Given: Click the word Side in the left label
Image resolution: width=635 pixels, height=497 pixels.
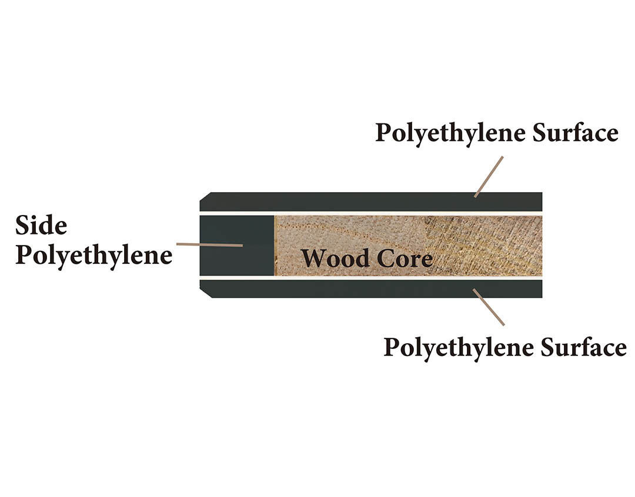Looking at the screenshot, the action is [41, 226].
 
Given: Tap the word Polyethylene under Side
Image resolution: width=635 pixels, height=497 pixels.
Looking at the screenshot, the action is [94, 256].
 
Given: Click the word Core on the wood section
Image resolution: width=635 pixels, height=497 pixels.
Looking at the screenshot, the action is [404, 258].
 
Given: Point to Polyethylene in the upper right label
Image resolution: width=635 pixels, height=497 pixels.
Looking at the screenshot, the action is [450, 133].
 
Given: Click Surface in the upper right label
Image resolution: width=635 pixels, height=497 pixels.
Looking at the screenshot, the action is [576, 132].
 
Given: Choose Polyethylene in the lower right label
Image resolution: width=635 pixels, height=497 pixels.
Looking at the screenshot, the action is [459, 348].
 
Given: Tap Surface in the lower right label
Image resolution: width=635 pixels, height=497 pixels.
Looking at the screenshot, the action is [584, 347].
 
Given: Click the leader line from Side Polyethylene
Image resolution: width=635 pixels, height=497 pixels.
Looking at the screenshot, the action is [209, 244].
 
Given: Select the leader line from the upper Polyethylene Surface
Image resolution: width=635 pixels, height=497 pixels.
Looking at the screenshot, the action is [489, 177].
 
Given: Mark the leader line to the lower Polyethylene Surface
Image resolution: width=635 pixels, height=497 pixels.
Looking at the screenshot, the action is [489, 307].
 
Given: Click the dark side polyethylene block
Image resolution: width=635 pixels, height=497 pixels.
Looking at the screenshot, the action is [237, 245].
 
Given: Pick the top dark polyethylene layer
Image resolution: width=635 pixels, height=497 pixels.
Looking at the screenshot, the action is [371, 202].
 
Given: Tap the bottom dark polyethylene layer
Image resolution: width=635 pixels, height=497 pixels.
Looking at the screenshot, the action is [371, 288].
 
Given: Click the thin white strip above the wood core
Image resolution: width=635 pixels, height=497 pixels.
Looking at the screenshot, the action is [371, 213].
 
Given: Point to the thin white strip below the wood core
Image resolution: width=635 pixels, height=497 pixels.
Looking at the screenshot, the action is [371, 278].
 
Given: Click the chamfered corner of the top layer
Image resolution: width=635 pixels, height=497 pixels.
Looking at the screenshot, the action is [205, 196].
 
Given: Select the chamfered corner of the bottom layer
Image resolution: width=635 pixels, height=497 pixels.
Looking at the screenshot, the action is [205, 294].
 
